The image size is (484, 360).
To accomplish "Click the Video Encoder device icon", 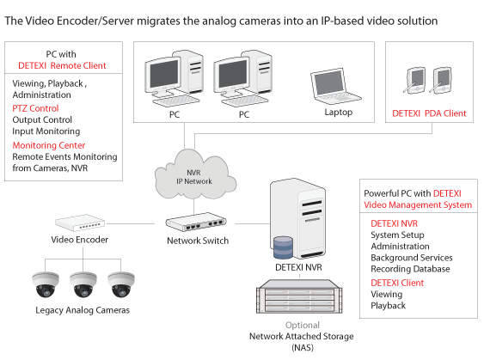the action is tap(80, 223).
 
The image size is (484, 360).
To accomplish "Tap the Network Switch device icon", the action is tap(196, 222).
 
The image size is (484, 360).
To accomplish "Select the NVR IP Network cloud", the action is tap(195, 174).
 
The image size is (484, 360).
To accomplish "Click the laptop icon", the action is tap(335, 87).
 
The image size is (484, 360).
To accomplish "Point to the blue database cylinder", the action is tap(284, 247).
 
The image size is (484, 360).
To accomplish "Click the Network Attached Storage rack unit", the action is tap(299, 296).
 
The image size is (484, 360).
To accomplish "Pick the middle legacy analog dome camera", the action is tap(83, 284).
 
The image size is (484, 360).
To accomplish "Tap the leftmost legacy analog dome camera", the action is tap(46, 284).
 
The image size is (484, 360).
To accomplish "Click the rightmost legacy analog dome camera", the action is tap(121, 284).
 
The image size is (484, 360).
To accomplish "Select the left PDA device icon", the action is tap(414, 80).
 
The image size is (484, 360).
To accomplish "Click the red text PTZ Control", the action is tap(35, 108).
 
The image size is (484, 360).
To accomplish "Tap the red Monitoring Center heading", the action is tap(49, 145).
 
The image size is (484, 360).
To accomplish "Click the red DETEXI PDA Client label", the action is tap(429, 113).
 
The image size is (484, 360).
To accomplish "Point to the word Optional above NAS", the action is tap(303, 325).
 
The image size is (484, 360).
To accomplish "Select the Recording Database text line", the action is tap(410, 269).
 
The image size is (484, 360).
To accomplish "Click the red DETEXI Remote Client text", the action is tap(62, 65).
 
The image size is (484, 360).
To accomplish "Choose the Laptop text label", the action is tap(339, 112).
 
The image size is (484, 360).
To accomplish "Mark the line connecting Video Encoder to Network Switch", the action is tap(130, 223).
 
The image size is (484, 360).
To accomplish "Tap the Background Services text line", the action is tap(412, 257).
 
